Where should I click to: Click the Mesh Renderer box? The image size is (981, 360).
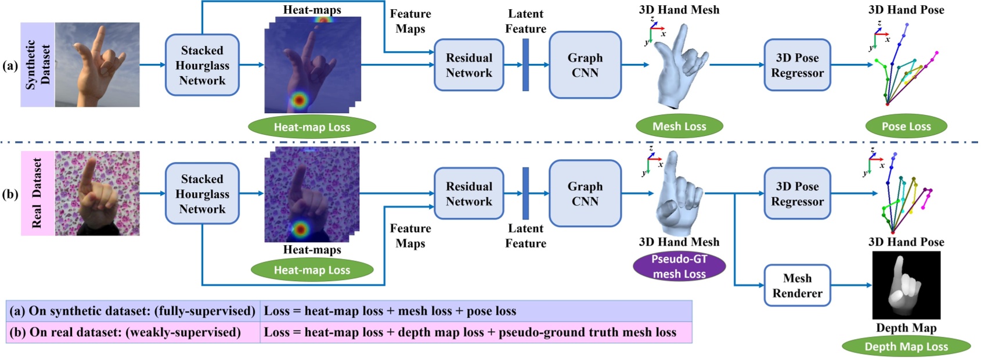(x=797, y=286)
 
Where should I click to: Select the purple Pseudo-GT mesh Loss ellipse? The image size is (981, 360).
(x=679, y=267)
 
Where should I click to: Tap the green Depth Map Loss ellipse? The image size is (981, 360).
(x=906, y=347)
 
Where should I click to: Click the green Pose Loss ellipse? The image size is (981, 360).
(x=906, y=126)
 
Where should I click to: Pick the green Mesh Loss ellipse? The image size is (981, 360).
(x=679, y=126)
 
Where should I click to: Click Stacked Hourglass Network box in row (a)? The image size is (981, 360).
(x=202, y=65)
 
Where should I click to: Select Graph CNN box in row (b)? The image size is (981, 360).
(x=585, y=194)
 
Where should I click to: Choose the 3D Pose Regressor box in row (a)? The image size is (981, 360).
(x=797, y=65)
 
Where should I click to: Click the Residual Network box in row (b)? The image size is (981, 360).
(x=468, y=194)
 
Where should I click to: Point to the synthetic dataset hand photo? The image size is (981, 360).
(x=97, y=64)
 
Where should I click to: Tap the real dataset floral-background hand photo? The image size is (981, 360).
(x=97, y=193)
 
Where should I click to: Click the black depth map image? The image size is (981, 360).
(x=906, y=285)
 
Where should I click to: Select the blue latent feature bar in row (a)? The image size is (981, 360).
(x=525, y=64)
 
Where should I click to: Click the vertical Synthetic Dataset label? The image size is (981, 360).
(x=38, y=64)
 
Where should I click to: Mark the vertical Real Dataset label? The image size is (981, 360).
(x=38, y=193)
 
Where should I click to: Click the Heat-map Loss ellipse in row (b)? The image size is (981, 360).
(x=312, y=270)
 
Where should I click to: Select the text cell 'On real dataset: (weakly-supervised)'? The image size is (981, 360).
(x=134, y=332)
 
